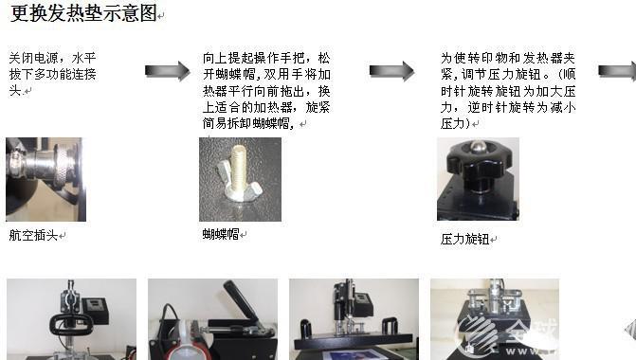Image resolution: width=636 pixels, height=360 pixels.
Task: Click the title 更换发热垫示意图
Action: [x=83, y=13]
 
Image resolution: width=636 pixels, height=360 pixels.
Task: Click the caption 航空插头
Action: [x=33, y=235]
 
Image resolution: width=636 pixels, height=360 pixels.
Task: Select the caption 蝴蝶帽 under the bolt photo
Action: [x=221, y=234]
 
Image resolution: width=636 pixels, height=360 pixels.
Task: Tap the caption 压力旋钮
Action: [x=464, y=239]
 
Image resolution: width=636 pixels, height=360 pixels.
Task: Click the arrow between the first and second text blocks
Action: [x=168, y=71]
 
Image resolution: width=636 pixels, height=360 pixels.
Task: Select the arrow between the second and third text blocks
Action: [x=391, y=71]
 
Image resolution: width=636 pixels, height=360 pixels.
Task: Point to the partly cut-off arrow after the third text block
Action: [x=617, y=71]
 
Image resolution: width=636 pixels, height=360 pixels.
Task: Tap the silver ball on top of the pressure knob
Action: [x=478, y=146]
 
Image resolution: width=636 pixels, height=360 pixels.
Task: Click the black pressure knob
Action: [x=478, y=164]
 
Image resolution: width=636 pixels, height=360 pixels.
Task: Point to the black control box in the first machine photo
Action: [x=95, y=309]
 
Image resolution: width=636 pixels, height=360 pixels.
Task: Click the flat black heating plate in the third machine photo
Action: [x=354, y=340]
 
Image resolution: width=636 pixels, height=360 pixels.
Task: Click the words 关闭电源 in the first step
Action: [x=34, y=58]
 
